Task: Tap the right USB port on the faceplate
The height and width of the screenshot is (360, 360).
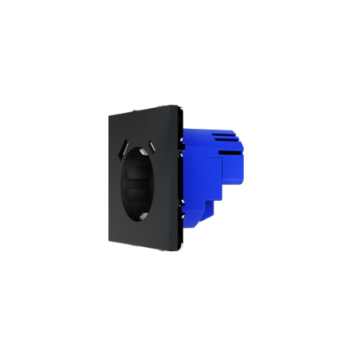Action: click(x=152, y=146)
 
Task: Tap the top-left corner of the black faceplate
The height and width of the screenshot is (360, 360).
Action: click(x=107, y=114)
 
